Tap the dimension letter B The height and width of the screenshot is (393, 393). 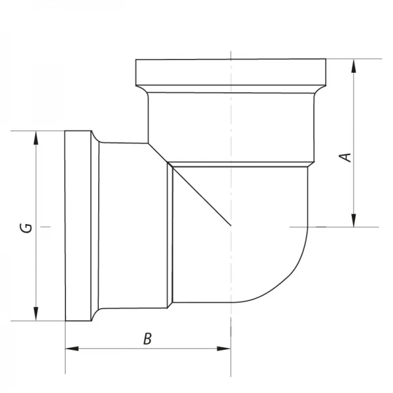[x=147, y=339]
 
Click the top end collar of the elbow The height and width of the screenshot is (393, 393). [x=231, y=71]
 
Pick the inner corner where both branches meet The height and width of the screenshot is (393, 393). [x=147, y=143]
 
